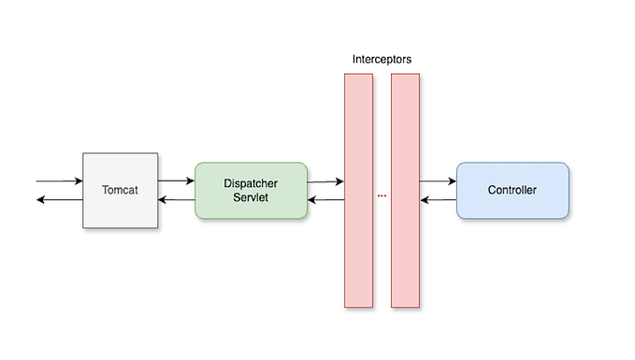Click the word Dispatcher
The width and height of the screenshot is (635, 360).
[x=251, y=182]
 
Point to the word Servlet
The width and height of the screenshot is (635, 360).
[x=251, y=197]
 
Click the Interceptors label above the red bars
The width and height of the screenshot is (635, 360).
[x=382, y=59]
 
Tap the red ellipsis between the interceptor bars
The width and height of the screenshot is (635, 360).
[x=382, y=195]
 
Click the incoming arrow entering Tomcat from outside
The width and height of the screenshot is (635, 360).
[x=58, y=180]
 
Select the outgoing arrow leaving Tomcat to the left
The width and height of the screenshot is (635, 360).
[x=58, y=200]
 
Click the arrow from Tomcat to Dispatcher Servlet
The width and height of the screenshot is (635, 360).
[x=176, y=180]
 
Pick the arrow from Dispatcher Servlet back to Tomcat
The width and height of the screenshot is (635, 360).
[x=176, y=200]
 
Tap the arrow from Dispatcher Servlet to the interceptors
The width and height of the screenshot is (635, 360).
[x=325, y=181]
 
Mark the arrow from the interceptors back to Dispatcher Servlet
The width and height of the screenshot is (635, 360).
[x=325, y=200]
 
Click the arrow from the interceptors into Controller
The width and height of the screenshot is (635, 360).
[x=438, y=181]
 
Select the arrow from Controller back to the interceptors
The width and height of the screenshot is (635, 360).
[x=438, y=200]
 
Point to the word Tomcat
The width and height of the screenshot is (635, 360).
[x=120, y=190]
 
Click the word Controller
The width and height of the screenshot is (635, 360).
[x=512, y=190]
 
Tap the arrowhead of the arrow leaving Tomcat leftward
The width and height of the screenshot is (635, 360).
[x=40, y=200]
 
